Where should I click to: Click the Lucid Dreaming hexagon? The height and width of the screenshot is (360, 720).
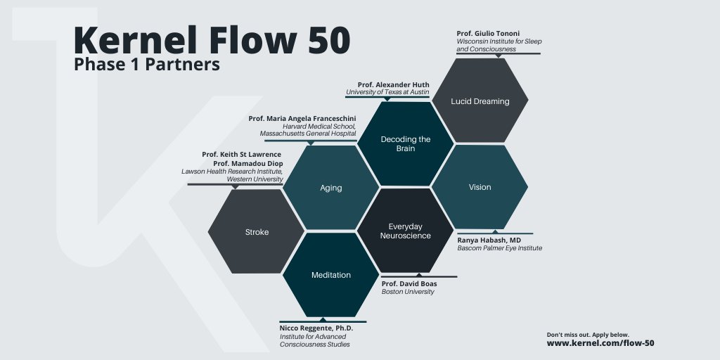[x=480, y=101]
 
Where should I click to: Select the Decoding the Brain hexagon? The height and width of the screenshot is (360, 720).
[x=406, y=144]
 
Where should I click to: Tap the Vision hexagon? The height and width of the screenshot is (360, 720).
[x=480, y=187]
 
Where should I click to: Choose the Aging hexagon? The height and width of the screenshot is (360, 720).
[x=330, y=188]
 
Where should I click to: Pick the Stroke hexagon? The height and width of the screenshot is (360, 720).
[x=257, y=231]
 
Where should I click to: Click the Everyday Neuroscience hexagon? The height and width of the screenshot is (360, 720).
[x=406, y=231]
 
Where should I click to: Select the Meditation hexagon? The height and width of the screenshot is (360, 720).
[x=330, y=275]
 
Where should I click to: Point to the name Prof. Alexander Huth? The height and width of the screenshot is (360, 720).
[x=393, y=84]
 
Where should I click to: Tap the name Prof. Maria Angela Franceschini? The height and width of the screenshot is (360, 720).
[x=302, y=118]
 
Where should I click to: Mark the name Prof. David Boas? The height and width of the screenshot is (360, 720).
[x=409, y=283]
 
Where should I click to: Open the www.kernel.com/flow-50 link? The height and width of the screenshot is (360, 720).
[x=600, y=344]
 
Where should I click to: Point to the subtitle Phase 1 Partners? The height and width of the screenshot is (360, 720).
[x=147, y=65]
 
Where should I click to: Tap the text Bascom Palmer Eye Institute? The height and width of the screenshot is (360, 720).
[x=500, y=248]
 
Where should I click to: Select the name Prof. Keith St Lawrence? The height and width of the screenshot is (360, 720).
[x=241, y=154]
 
